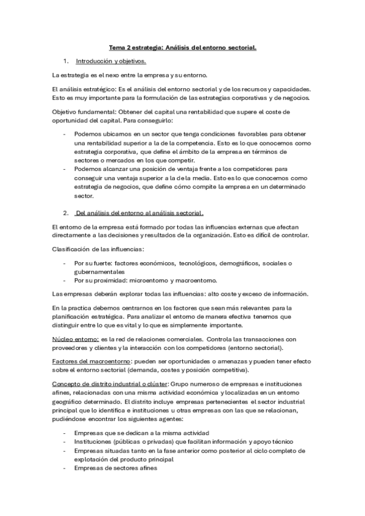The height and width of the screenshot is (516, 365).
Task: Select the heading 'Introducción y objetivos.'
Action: pyautogui.click(x=111, y=61)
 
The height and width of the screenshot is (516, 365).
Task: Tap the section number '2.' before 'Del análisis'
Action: pyautogui.click(x=65, y=213)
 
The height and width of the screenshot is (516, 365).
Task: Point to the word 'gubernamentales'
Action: pyautogui.click(x=99, y=271)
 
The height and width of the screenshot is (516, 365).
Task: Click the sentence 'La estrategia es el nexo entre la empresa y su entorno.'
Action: pyautogui.click(x=130, y=75)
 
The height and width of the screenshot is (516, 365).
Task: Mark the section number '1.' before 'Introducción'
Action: pyautogui.click(x=65, y=61)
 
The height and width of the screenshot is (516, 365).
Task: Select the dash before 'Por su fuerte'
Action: pyautogui.click(x=65, y=263)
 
